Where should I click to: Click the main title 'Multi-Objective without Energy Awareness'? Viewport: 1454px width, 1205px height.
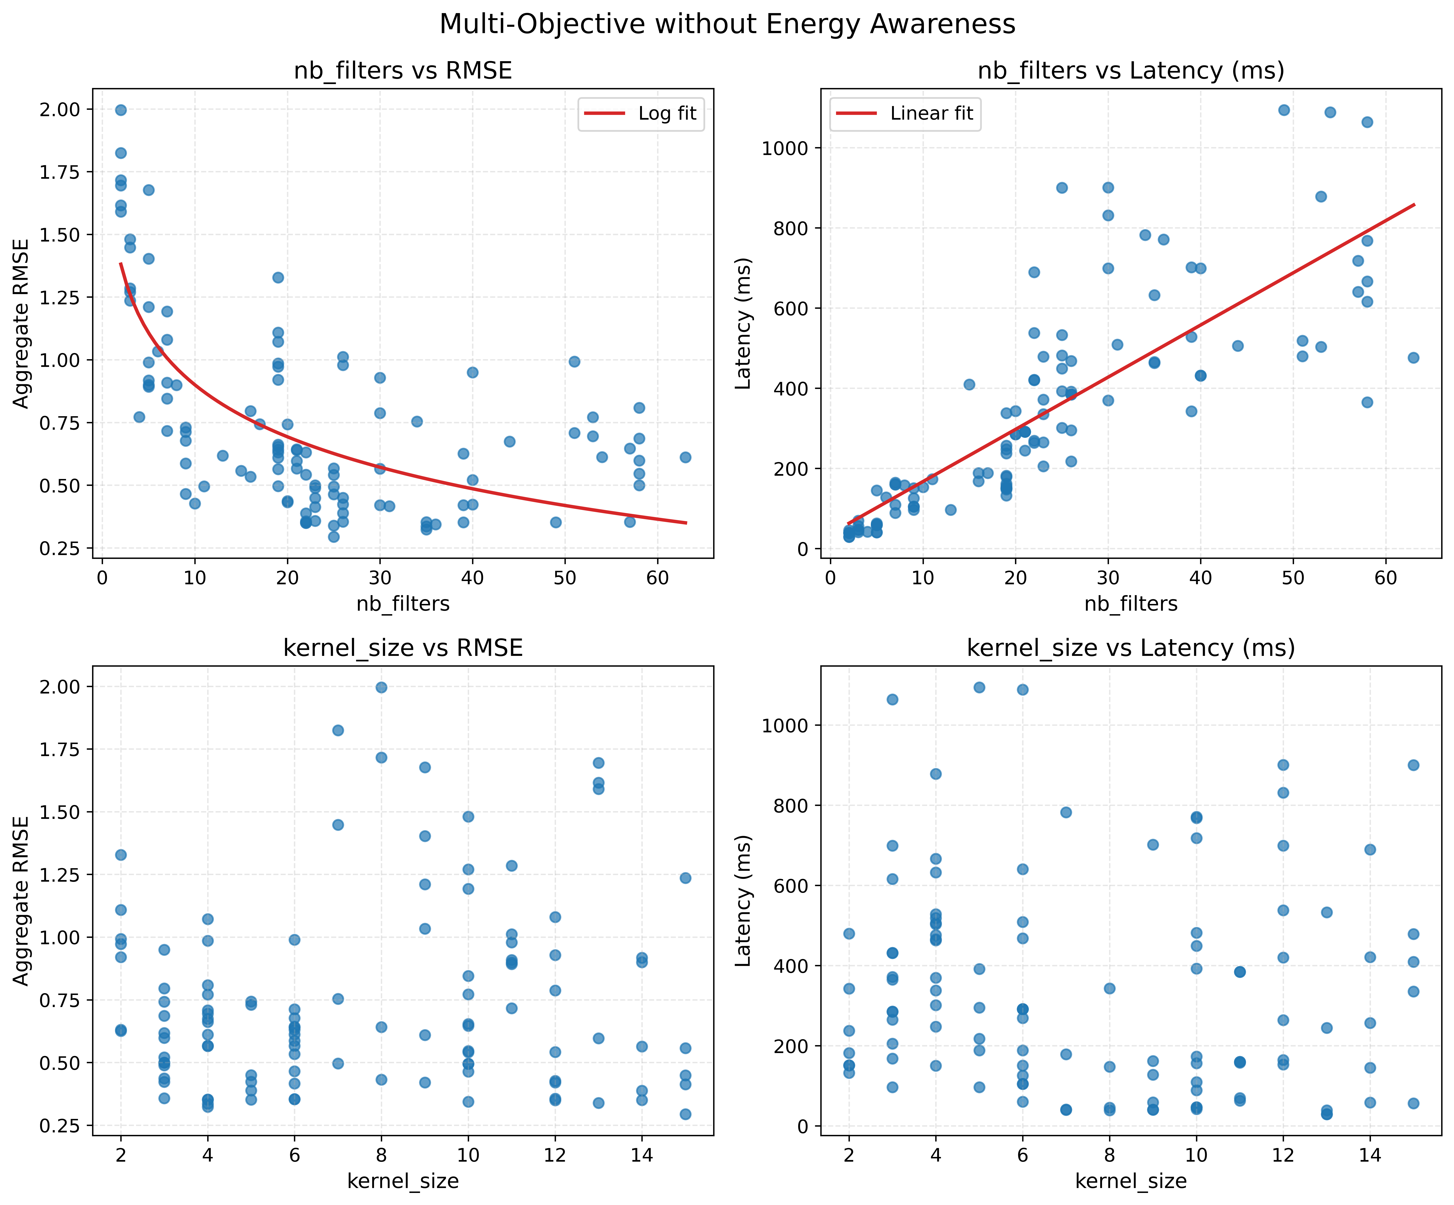pyautogui.click(x=727, y=24)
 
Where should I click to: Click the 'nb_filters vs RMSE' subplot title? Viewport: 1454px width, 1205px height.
pyautogui.click(x=403, y=71)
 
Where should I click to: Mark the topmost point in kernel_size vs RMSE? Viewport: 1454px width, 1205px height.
pyautogui.click(x=381, y=687)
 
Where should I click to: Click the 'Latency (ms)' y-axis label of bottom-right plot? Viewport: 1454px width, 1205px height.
pyautogui.click(x=743, y=900)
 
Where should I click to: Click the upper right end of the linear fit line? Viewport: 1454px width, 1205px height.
pyautogui.click(x=1413, y=204)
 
